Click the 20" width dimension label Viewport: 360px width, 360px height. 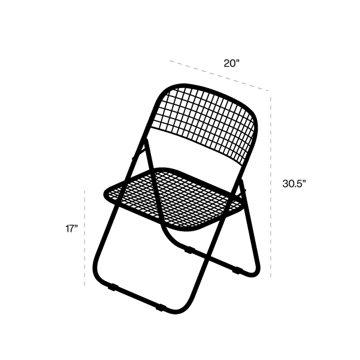[232, 63]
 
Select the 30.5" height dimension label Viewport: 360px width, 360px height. [294, 183]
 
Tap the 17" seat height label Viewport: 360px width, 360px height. [72, 229]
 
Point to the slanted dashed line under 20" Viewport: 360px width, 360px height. [219, 75]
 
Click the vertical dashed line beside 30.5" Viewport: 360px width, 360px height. [271, 187]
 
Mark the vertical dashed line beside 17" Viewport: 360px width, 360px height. [84, 238]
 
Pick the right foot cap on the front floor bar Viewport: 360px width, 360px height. [161, 308]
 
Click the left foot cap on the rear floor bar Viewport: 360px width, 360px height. [190, 250]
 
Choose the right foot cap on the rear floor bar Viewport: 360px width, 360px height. [238, 271]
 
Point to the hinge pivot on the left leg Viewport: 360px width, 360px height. [133, 158]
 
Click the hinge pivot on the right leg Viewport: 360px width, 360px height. [244, 190]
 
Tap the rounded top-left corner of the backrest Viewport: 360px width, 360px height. [164, 92]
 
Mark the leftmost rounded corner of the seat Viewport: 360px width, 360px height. [107, 192]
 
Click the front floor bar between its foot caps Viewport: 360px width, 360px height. [137, 298]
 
